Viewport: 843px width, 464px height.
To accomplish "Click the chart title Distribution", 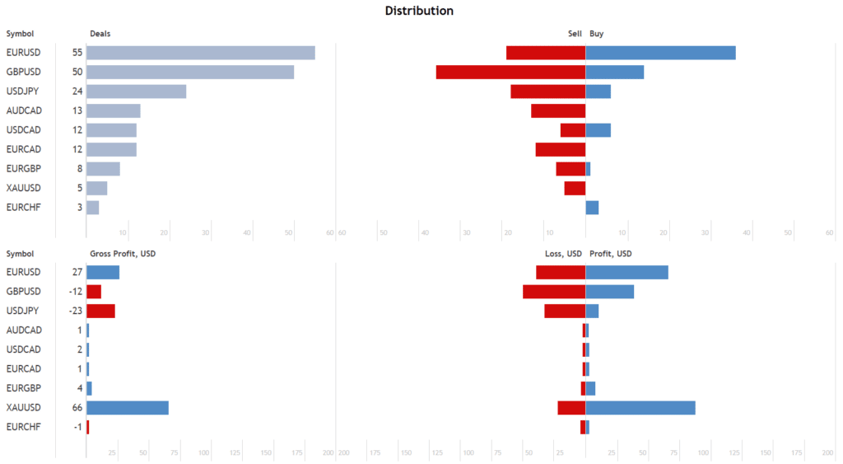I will click(x=419, y=11).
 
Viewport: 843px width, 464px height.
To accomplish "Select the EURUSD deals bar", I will click(x=200, y=53).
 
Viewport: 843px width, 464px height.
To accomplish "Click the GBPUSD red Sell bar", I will click(x=510, y=72).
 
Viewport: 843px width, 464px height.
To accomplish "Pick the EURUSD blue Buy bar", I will click(x=660, y=53).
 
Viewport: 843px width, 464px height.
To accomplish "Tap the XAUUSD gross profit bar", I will click(x=128, y=407).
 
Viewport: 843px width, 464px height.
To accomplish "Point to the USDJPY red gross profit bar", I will click(x=100, y=311).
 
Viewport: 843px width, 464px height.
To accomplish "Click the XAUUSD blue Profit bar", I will click(x=640, y=407).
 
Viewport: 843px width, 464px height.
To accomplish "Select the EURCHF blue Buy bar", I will click(x=592, y=207).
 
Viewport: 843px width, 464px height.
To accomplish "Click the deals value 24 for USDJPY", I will click(x=77, y=91).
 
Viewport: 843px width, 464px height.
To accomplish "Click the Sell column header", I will click(x=575, y=34).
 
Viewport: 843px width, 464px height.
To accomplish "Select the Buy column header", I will click(x=597, y=34).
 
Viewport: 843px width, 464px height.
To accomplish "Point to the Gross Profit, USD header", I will click(x=123, y=253).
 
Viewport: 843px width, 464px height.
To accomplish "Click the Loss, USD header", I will click(x=563, y=253).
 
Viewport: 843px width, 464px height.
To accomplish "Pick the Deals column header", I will click(x=100, y=34).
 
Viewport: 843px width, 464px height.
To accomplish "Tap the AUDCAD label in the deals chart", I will click(x=23, y=110).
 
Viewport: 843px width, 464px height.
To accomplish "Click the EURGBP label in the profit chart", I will click(x=23, y=388).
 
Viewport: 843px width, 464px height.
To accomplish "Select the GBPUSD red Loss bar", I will click(x=554, y=292).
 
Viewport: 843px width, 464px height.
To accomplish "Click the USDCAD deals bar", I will click(x=111, y=130).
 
